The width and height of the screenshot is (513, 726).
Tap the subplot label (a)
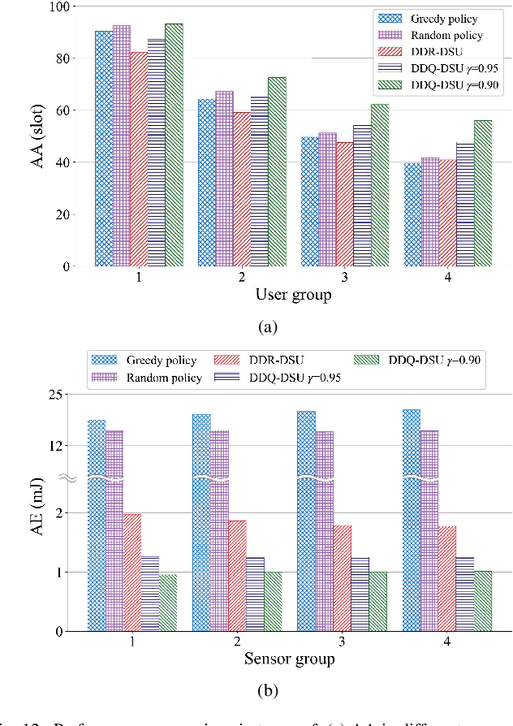(267, 327)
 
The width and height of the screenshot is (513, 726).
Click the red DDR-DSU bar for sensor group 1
(132, 573)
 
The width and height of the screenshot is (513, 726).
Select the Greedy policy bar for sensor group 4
(412, 520)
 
